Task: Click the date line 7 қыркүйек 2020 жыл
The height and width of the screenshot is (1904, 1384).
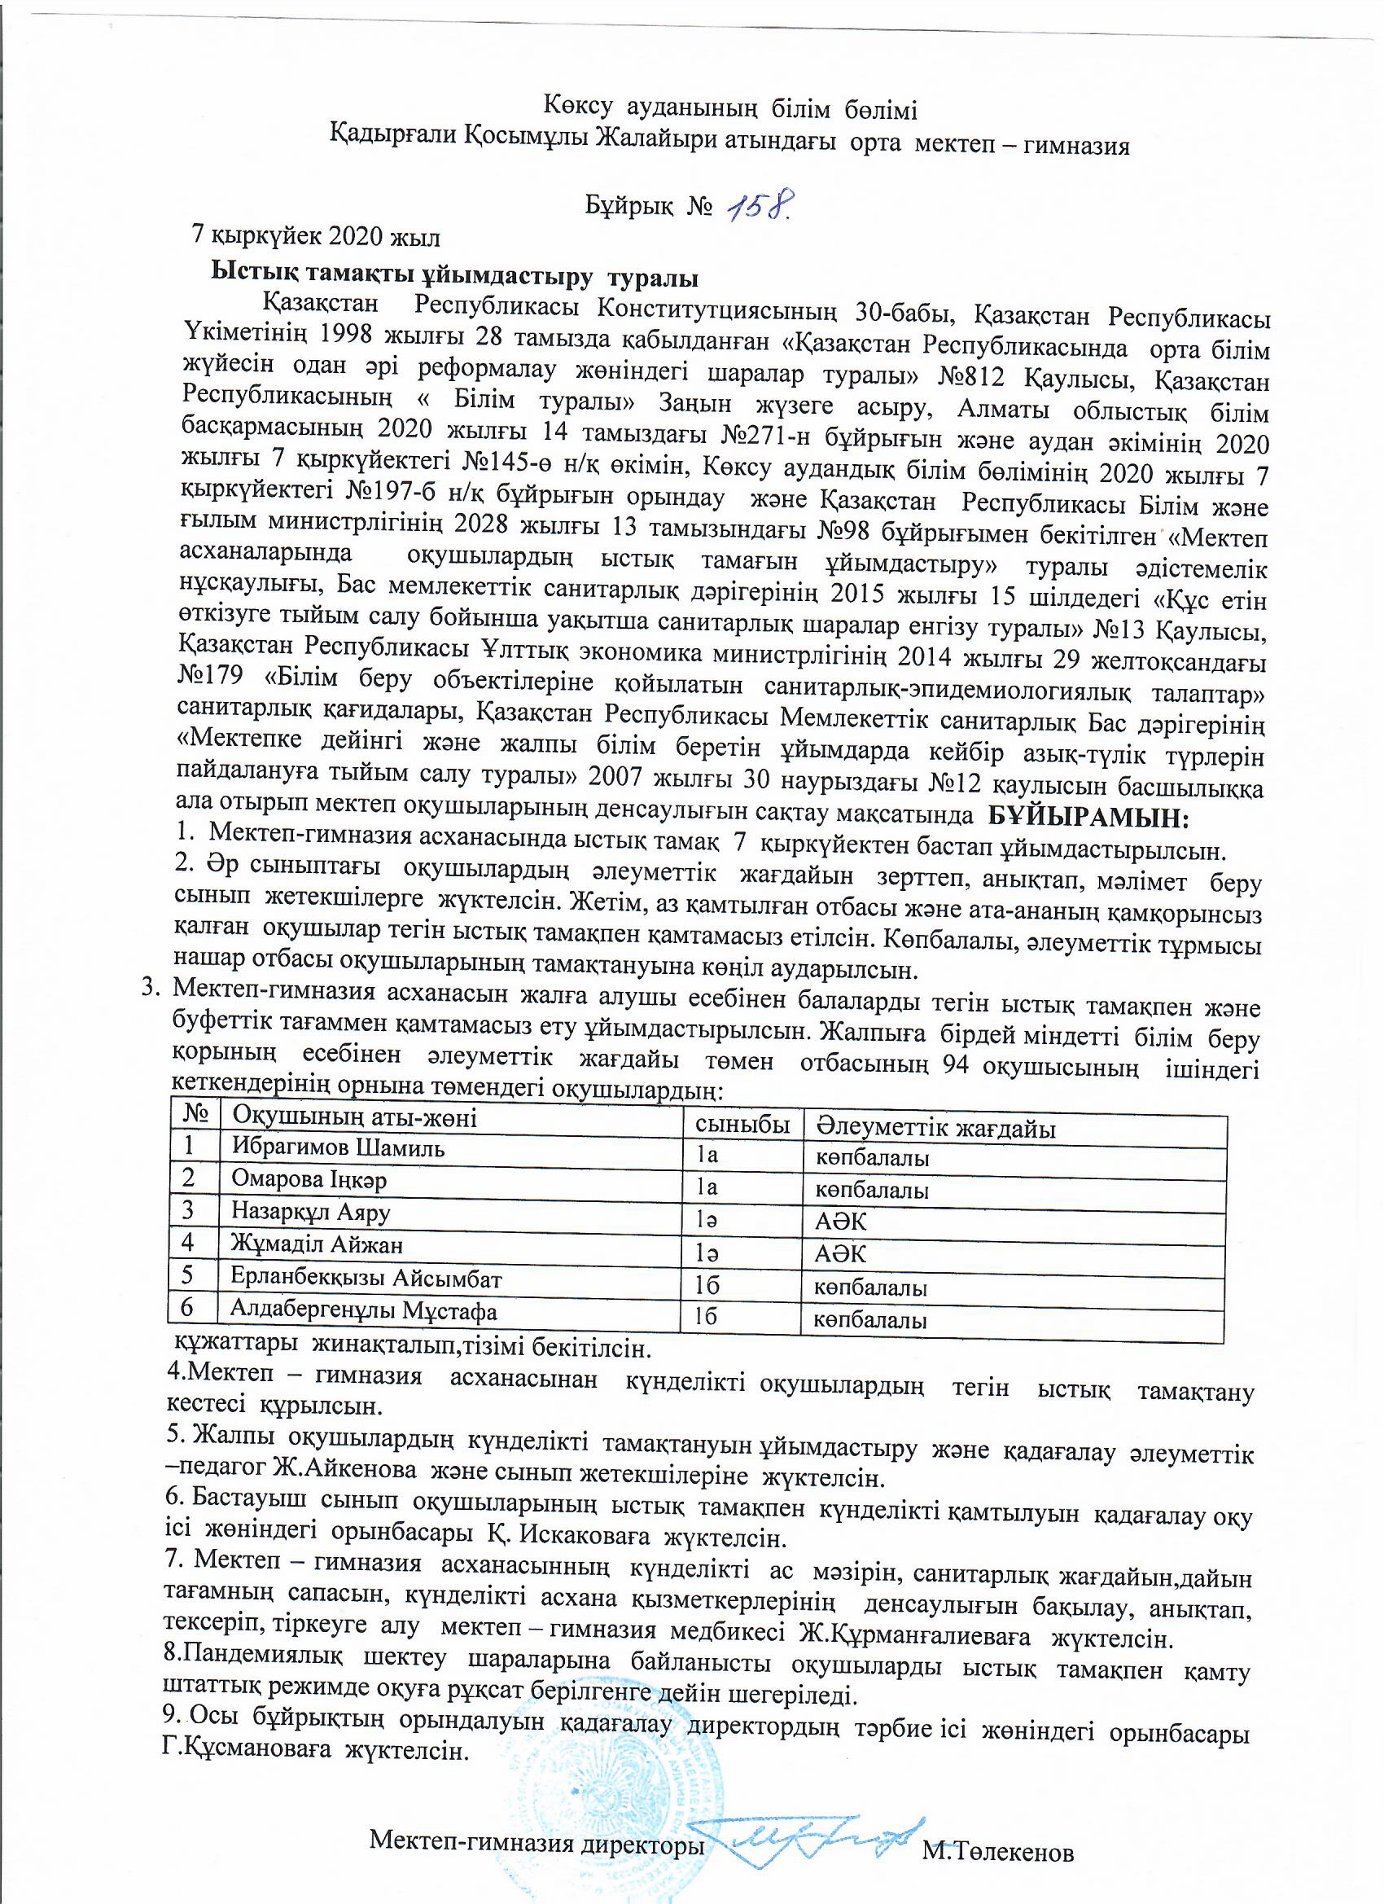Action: coord(316,236)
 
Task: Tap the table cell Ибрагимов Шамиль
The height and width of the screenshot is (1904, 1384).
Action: coord(338,1147)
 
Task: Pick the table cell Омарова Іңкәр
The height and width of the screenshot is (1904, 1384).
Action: coord(309,1179)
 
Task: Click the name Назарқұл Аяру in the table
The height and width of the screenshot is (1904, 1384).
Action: coord(310,1213)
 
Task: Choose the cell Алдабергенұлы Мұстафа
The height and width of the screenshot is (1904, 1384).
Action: coord(363,1310)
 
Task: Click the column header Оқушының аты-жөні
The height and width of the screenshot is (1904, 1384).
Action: coord(354,1117)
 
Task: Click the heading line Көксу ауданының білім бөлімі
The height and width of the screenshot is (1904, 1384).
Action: coord(729,109)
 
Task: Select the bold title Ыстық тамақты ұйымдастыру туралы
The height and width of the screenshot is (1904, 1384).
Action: coord(454,274)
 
